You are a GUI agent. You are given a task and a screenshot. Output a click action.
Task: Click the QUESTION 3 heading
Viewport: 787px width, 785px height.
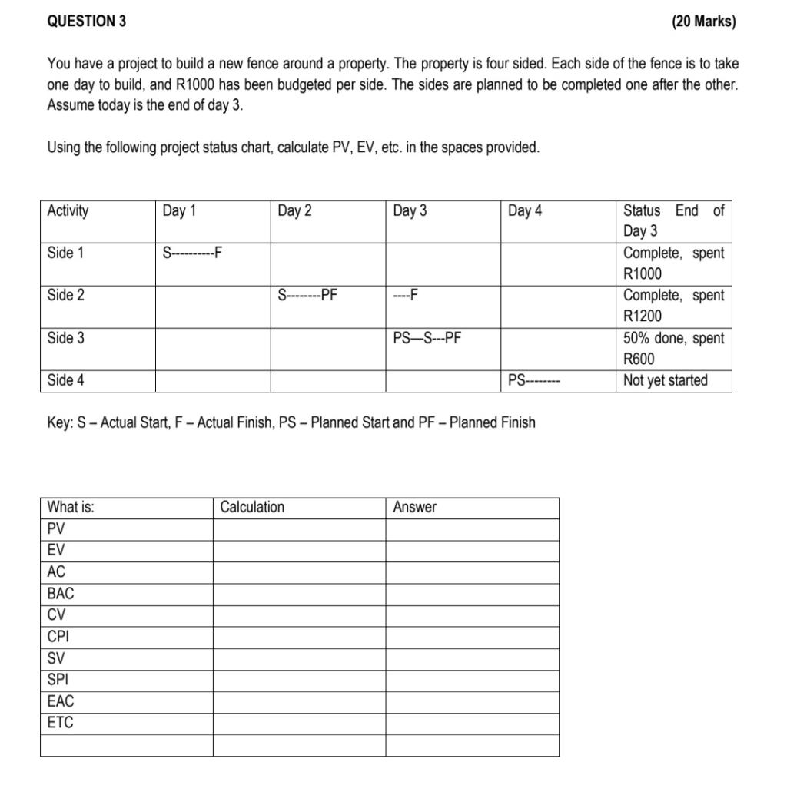[87, 22]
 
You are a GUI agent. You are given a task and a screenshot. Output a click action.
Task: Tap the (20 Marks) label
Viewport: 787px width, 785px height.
[703, 22]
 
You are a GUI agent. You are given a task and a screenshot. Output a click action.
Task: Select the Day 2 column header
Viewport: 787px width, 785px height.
[295, 210]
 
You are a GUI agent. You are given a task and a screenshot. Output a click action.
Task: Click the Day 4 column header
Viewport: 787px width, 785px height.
[525, 210]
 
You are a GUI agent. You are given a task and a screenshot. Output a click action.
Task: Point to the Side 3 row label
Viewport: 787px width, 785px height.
[66, 338]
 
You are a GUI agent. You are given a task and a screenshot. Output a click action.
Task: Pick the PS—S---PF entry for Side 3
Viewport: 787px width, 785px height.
[427, 338]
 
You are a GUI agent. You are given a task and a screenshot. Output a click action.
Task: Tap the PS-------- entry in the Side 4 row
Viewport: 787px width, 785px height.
[534, 380]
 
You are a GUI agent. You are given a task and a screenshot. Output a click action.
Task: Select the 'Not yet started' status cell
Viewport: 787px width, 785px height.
[666, 380]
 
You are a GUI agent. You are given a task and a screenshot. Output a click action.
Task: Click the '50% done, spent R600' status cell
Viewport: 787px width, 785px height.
[673, 348]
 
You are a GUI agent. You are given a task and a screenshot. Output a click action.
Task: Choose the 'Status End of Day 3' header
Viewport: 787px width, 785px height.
[673, 220]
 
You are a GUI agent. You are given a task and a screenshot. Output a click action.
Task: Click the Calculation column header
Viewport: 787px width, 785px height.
[252, 507]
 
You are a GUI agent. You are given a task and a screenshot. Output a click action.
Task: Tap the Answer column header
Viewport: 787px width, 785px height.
[414, 507]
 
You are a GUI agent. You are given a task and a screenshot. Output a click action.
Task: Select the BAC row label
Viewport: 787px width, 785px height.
[61, 594]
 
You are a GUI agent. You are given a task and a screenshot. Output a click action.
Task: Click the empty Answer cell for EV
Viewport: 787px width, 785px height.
[472, 551]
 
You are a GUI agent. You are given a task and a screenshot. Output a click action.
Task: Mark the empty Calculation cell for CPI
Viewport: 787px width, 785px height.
[299, 637]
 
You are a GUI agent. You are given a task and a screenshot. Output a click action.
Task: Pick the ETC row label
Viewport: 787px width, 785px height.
[61, 723]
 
